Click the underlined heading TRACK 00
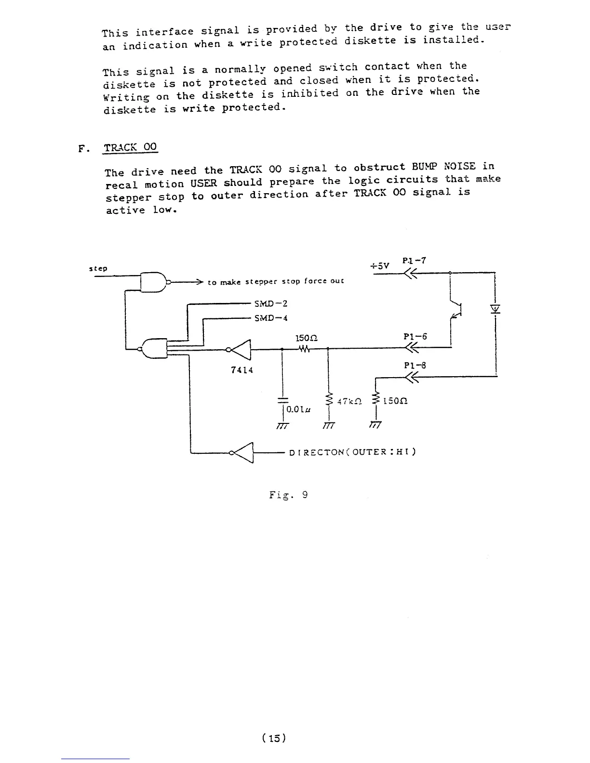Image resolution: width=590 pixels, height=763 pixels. click(131, 147)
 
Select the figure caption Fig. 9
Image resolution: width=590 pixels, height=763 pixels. click(288, 495)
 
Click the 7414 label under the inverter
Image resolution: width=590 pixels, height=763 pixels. click(242, 370)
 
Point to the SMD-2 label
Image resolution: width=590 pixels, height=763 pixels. click(270, 303)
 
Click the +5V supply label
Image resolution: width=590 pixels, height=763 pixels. click(379, 265)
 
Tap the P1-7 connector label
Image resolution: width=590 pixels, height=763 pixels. click(414, 261)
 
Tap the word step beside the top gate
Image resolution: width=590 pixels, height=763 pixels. click(98, 268)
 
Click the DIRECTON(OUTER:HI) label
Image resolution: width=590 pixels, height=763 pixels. click(352, 452)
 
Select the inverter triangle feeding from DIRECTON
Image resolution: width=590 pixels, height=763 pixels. click(244, 452)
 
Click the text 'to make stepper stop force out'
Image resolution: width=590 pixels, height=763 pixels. click(276, 282)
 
